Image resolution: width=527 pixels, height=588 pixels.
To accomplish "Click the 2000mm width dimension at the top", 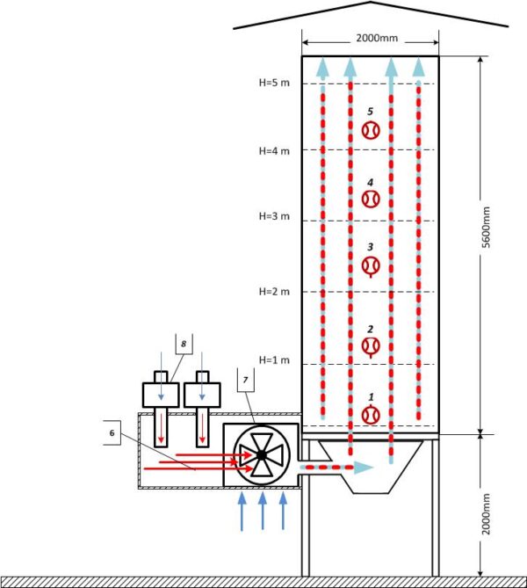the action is (377, 38).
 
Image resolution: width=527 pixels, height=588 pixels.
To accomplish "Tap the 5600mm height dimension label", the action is (486, 228).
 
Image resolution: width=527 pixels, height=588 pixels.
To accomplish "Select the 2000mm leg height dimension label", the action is (486, 514).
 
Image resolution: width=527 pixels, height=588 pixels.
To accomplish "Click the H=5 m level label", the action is (274, 83).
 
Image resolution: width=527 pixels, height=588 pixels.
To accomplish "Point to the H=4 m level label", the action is (274, 151).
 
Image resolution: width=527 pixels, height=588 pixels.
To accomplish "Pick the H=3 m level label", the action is (274, 216).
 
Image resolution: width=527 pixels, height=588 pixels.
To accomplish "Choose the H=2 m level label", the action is (274, 292).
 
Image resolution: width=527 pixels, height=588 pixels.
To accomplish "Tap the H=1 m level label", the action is (274, 360).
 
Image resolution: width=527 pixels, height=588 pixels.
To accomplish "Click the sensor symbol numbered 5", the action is (371, 130).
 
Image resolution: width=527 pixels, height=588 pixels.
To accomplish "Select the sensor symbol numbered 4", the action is (371, 199).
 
